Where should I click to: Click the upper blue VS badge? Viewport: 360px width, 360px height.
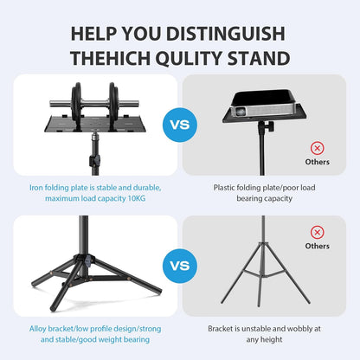coord(180,125)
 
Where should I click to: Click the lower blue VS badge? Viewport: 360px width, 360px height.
coord(180,266)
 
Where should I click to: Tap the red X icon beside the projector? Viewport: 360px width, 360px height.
coord(317,148)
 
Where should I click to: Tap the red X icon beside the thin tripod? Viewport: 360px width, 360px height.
coord(317,231)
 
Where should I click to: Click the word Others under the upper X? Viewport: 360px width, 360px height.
coord(317,162)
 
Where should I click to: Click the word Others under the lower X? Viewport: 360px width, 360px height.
coord(317,246)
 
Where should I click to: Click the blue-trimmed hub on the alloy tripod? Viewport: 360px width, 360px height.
coord(87,260)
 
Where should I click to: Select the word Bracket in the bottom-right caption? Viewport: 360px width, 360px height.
coord(223,329)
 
